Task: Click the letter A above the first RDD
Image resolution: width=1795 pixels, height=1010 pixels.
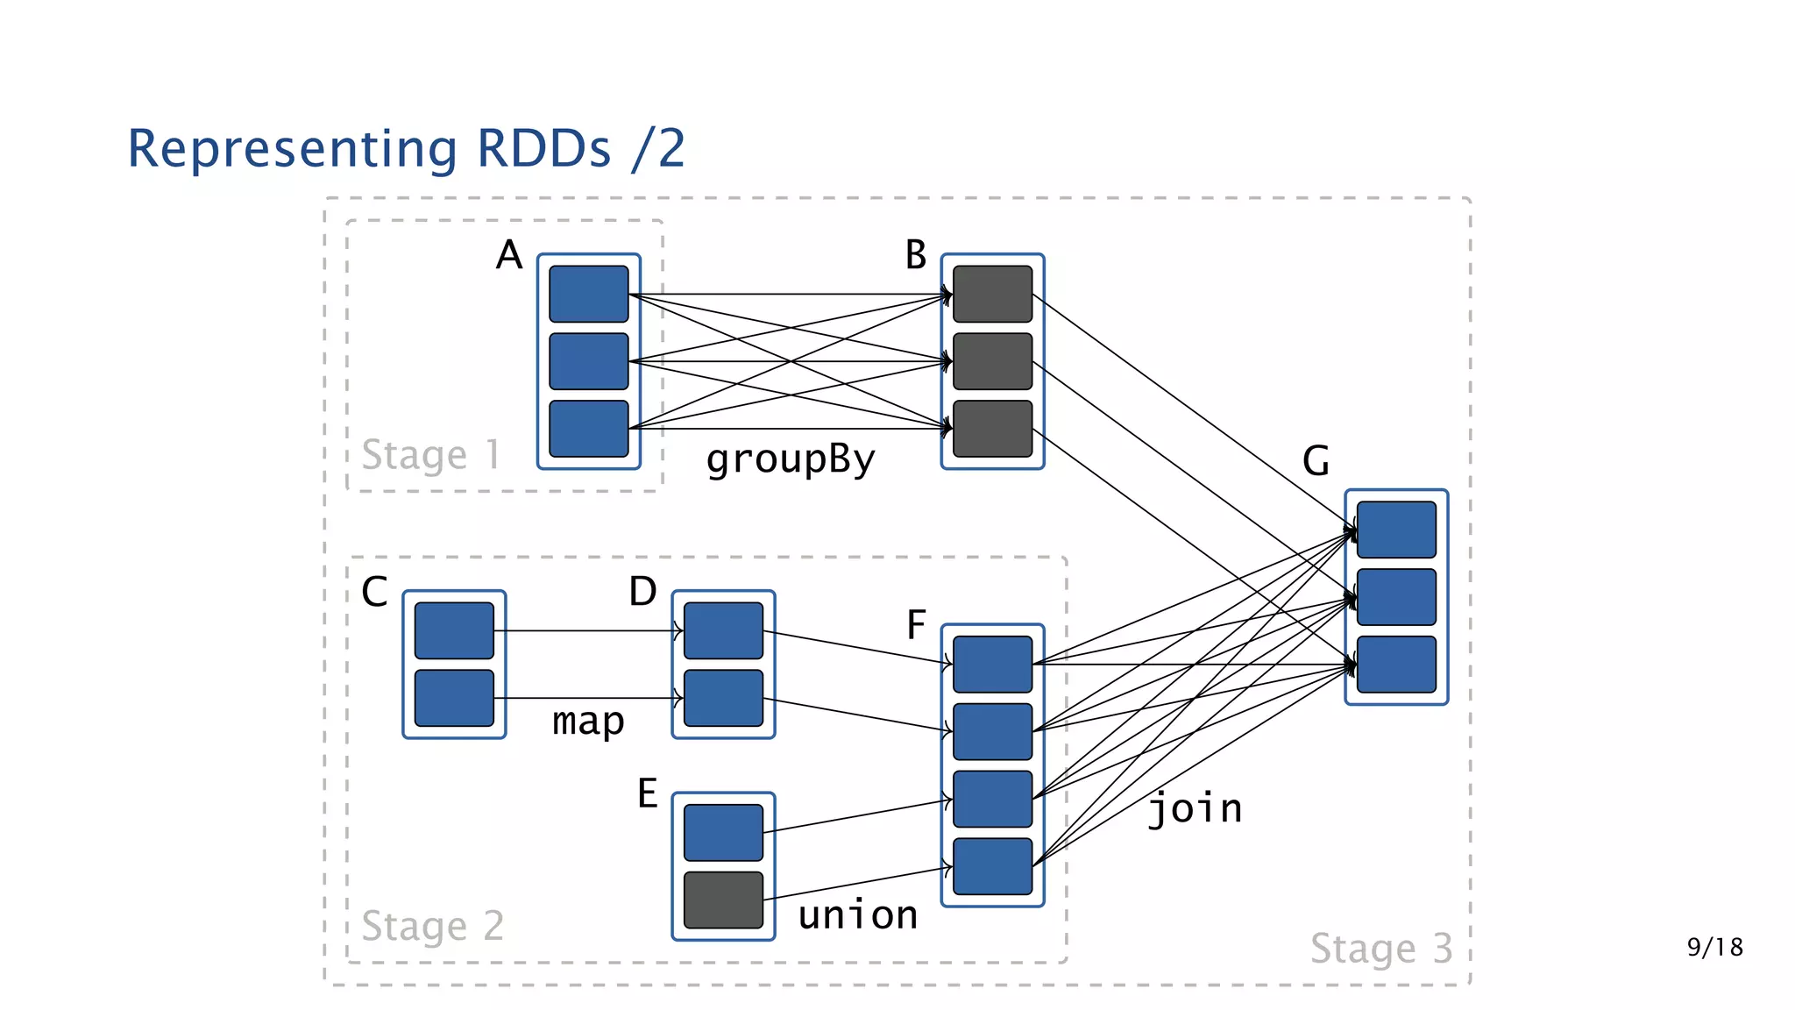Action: [x=508, y=255]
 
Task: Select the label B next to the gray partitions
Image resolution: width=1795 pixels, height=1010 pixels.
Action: [x=915, y=255]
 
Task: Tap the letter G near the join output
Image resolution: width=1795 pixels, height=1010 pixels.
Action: [x=1316, y=460]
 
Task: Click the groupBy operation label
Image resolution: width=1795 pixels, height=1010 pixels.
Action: [x=790, y=459]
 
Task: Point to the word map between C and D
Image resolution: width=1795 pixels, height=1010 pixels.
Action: [x=588, y=722]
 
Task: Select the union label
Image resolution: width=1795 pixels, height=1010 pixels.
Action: [x=858, y=915]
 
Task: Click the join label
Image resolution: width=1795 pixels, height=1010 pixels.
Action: [x=1195, y=808]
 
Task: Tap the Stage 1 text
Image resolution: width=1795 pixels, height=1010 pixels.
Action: [x=430, y=455]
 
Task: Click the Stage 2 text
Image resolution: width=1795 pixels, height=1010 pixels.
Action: [x=432, y=927]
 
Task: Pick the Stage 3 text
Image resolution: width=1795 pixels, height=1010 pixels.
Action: [x=1380, y=949]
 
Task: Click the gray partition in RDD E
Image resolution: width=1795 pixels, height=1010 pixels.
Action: [x=723, y=900]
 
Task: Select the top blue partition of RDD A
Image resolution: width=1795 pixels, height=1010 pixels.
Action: [x=588, y=294]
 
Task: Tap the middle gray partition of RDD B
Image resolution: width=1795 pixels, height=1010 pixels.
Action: [x=992, y=361]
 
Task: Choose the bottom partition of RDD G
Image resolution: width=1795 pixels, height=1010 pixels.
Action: [x=1396, y=665]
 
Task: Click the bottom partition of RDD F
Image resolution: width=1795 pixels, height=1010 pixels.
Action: [x=992, y=866]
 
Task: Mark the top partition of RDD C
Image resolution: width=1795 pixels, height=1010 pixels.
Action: [x=454, y=630]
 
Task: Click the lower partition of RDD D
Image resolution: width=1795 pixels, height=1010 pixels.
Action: [x=723, y=698]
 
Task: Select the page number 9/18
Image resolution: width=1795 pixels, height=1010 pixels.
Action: [x=1714, y=947]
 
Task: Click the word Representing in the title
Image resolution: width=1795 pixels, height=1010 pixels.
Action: [x=292, y=149]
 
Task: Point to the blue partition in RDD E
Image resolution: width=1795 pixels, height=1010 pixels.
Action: [x=723, y=832]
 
